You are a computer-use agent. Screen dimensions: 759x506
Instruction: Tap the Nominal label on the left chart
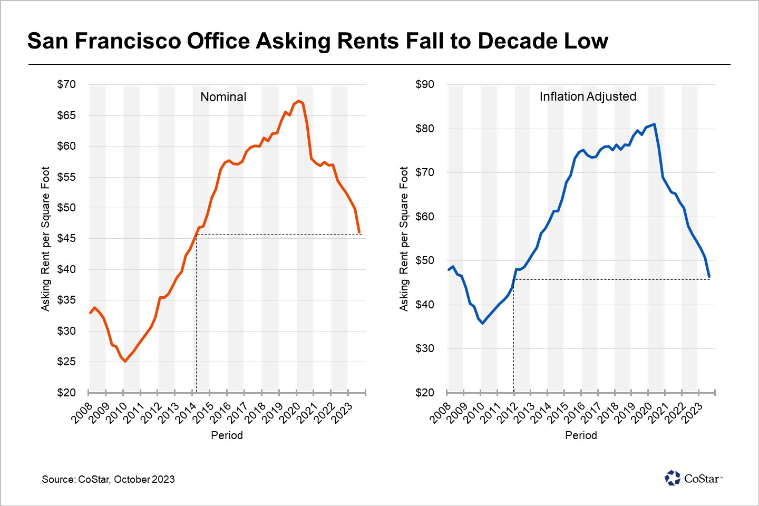(223, 97)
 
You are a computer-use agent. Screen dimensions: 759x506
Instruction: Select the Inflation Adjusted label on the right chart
(588, 96)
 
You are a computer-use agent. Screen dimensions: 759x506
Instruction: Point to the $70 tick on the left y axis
(66, 84)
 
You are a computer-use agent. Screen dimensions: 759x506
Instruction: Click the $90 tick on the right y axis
(425, 84)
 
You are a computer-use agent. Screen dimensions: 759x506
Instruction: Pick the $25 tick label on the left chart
(66, 362)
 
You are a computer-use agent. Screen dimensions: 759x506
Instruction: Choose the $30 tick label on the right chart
(425, 348)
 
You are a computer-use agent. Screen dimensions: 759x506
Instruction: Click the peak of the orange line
(298, 101)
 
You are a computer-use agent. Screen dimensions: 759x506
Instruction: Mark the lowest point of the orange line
(125, 361)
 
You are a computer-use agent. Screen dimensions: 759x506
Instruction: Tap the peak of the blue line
(654, 124)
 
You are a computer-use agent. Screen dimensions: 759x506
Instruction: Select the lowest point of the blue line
(482, 323)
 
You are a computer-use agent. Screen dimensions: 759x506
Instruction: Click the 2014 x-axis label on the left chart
(186, 413)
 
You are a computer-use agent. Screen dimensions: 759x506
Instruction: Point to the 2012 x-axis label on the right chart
(507, 413)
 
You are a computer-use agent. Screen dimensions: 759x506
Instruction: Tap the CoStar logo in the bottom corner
(693, 478)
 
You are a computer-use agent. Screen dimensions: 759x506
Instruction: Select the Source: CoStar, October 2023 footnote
(108, 479)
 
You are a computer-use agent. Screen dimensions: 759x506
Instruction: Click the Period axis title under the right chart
(581, 435)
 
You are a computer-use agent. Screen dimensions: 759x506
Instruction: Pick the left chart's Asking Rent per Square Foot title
(45, 239)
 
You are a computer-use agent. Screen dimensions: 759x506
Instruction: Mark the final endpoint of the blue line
(709, 277)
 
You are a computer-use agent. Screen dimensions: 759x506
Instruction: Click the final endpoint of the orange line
(359, 232)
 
